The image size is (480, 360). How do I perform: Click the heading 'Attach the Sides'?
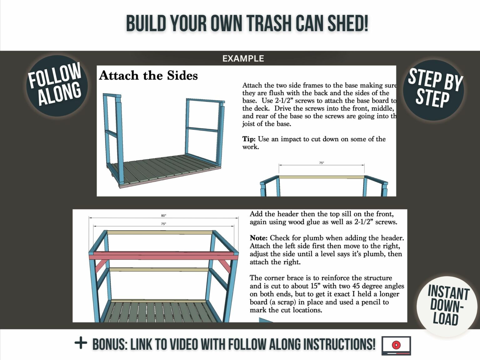click(x=148, y=76)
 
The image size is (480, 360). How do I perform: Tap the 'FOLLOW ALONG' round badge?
click(x=57, y=85)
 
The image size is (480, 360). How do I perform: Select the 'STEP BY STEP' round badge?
click(x=433, y=90)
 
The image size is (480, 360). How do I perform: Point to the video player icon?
click(x=396, y=345)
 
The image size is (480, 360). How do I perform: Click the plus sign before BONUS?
click(x=81, y=343)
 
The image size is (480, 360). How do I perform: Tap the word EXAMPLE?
click(x=243, y=58)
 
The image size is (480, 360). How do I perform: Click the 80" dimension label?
click(x=163, y=216)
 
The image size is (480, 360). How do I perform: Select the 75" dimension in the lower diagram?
click(x=163, y=224)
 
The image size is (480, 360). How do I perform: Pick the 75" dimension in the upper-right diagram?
click(x=321, y=163)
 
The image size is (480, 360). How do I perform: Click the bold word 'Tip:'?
click(x=249, y=139)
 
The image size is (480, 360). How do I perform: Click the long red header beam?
click(x=162, y=256)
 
